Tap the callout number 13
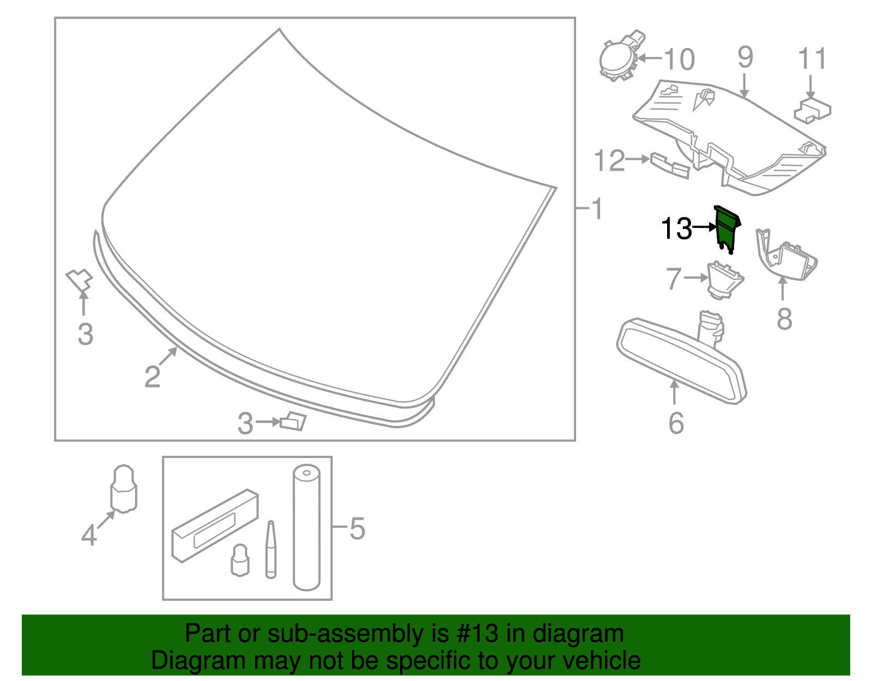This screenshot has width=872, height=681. [676, 228]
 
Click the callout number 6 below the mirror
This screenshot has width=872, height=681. [676, 423]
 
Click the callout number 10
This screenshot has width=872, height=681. [679, 59]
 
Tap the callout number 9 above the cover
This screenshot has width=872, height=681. [745, 58]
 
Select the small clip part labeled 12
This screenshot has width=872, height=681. [670, 165]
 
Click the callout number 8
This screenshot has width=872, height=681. [784, 319]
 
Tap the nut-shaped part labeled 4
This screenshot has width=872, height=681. [124, 489]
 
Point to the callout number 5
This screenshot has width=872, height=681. [357, 528]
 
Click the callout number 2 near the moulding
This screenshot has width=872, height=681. [152, 377]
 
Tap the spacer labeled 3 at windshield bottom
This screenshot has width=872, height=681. [293, 421]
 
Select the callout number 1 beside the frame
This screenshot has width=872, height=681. [597, 209]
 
